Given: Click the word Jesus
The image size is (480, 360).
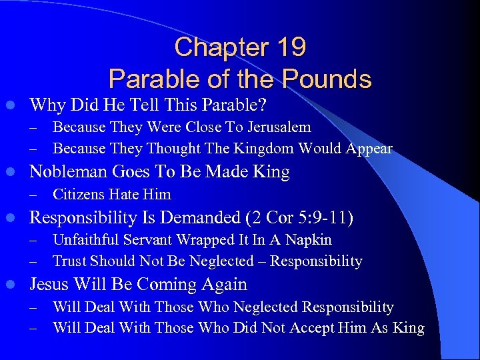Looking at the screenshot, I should (51, 285).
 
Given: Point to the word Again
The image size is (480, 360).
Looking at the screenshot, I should (224, 285).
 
